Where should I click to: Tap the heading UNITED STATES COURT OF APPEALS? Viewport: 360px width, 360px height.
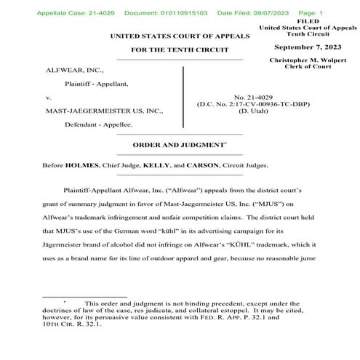(180, 36)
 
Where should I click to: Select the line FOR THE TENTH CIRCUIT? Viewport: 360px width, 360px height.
(180, 51)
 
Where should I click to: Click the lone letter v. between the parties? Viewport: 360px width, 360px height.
(48, 97)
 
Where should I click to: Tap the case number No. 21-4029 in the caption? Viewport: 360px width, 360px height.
(255, 97)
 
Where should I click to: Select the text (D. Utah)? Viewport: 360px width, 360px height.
(255, 111)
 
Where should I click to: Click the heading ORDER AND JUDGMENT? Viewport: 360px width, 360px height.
(177, 145)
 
